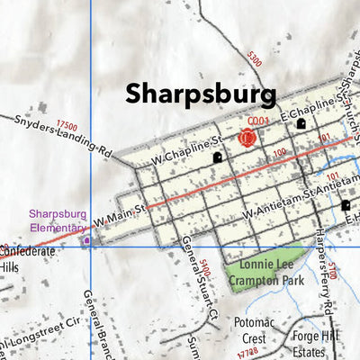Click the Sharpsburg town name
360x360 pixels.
coord(200,93)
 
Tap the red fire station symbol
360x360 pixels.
coord(247,138)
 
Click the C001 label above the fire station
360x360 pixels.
coord(258,121)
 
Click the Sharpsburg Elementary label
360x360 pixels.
coord(57,220)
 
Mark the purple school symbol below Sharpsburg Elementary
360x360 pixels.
coord(86,240)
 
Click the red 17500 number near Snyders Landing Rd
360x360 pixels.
coord(66,127)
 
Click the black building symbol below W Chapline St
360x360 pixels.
coord(217,157)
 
